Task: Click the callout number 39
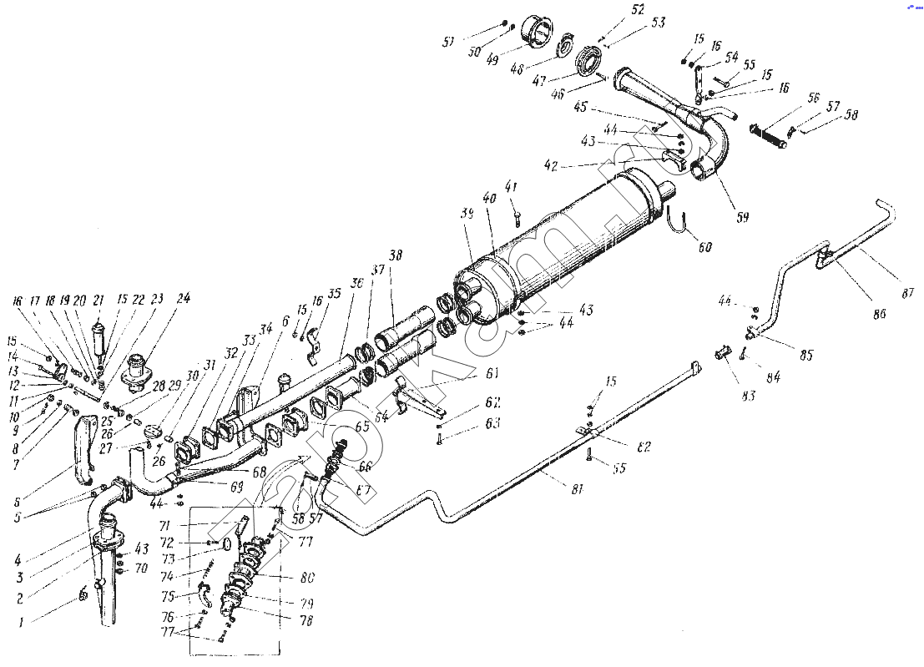pyautogui.click(x=467, y=215)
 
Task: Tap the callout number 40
pyautogui.click(x=489, y=199)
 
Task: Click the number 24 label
pyautogui.click(x=183, y=297)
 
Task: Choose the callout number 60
pyautogui.click(x=706, y=247)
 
